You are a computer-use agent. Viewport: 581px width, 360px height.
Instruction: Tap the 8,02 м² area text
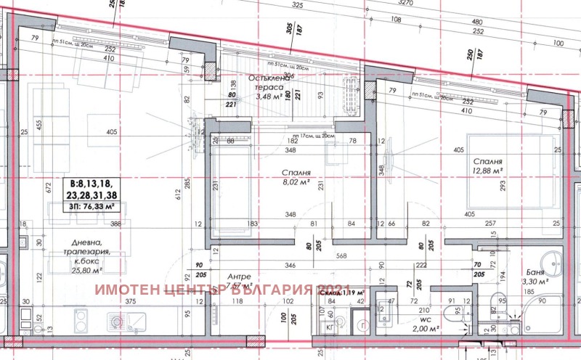tap(296, 184)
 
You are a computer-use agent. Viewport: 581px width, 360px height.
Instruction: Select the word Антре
tap(239, 277)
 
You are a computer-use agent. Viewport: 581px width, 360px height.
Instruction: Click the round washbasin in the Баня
tap(556, 260)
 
